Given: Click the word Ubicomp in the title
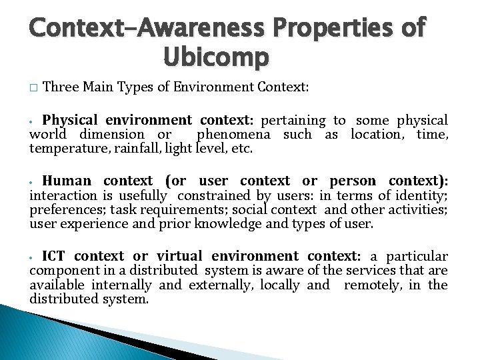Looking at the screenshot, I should point(215,57).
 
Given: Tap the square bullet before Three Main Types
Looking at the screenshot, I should point(33,87).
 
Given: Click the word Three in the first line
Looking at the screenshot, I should point(61,87).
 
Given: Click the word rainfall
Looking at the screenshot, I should point(133,148).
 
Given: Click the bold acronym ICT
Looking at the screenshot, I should point(54,256).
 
